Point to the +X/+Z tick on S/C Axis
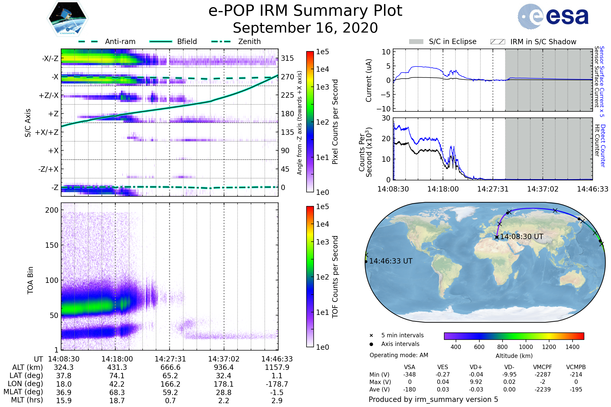[47, 132]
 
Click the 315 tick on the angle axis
[287, 58]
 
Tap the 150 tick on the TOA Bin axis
[52, 245]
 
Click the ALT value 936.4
[224, 367]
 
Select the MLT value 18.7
[117, 400]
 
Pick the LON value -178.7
[277, 384]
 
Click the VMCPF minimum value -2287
[543, 374]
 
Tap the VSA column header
[409, 367]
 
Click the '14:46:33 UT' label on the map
[391, 261]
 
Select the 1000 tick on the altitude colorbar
[525, 347]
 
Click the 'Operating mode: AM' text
[399, 355]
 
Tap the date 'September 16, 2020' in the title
[305, 28]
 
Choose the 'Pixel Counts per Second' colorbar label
[335, 122]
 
